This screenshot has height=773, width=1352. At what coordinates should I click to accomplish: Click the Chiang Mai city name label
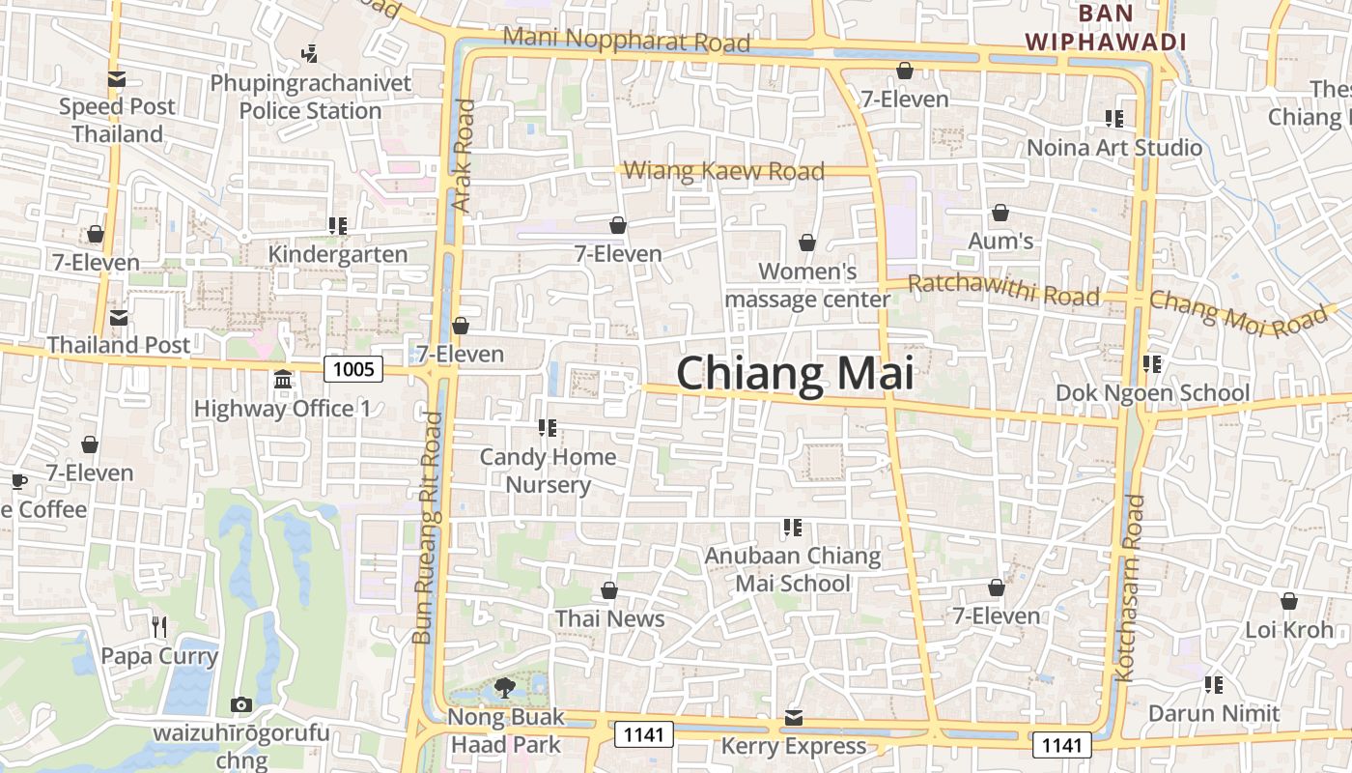(794, 374)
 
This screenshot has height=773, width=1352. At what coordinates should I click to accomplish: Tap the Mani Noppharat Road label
(627, 40)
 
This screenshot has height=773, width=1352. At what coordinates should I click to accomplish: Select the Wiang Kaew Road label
(723, 171)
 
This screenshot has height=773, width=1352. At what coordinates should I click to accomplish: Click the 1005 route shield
(353, 368)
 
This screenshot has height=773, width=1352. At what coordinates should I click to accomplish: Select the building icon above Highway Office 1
(283, 380)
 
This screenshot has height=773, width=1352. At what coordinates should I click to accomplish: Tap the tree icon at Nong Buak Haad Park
(503, 688)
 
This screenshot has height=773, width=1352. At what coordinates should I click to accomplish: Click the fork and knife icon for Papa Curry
(159, 627)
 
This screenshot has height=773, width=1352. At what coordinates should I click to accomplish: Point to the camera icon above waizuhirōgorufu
(241, 704)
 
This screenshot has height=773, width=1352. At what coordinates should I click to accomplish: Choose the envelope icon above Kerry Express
(794, 717)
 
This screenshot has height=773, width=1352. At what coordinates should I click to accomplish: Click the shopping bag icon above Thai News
(609, 590)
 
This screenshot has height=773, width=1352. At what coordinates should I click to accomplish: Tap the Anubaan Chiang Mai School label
(793, 569)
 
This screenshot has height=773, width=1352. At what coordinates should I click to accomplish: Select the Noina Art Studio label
(1114, 148)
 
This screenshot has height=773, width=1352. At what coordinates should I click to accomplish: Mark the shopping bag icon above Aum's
(1000, 213)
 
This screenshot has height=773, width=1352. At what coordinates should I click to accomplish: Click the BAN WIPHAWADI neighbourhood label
(1105, 28)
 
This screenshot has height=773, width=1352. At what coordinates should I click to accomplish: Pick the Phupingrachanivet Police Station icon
(310, 54)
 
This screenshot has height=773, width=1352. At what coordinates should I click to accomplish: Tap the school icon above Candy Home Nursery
(548, 427)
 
